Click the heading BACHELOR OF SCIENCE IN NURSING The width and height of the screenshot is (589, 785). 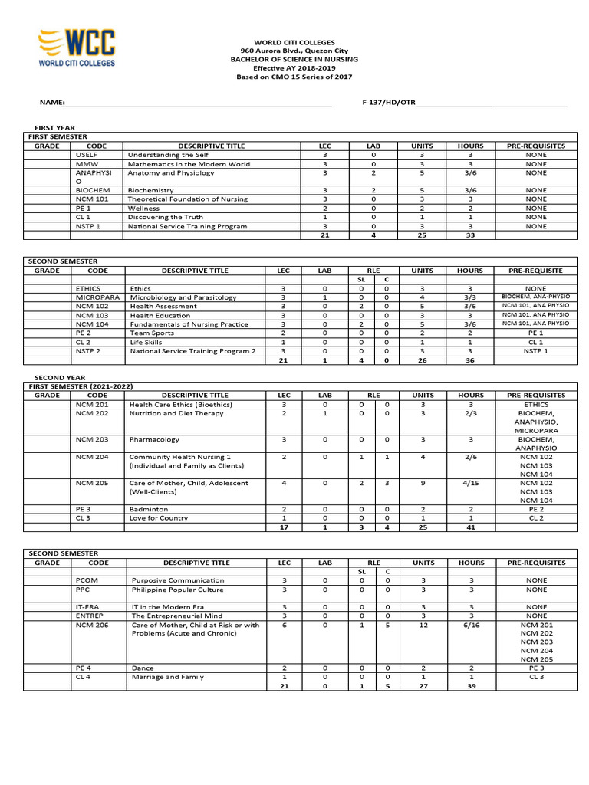pyautogui.click(x=294, y=59)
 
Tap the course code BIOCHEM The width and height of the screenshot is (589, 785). pyautogui.click(x=93, y=190)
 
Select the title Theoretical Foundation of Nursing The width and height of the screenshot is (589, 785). pyautogui.click(x=188, y=199)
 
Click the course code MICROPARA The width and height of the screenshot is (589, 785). pyautogui.click(x=97, y=297)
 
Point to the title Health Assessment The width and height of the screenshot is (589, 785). pyautogui.click(x=163, y=306)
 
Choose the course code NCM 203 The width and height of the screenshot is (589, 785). pyautogui.click(x=92, y=440)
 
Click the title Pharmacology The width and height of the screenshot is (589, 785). pyautogui.click(x=154, y=440)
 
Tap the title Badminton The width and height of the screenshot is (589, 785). pyautogui.click(x=149, y=509)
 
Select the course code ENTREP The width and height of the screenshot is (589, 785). pyautogui.click(x=90, y=616)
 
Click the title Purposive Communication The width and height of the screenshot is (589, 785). pyautogui.click(x=178, y=581)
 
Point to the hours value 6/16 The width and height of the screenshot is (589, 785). pyautogui.click(x=471, y=625)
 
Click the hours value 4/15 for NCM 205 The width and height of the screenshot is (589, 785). pyautogui.click(x=471, y=484)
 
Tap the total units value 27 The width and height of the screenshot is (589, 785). pyautogui.click(x=423, y=686)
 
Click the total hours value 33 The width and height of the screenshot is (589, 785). pyautogui.click(x=471, y=235)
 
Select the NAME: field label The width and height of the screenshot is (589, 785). pyautogui.click(x=52, y=103)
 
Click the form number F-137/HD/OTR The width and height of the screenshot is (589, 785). pyautogui.click(x=387, y=103)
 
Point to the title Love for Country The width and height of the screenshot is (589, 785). pyautogui.click(x=159, y=518)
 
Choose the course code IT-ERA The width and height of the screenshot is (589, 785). pyautogui.click(x=89, y=607)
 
